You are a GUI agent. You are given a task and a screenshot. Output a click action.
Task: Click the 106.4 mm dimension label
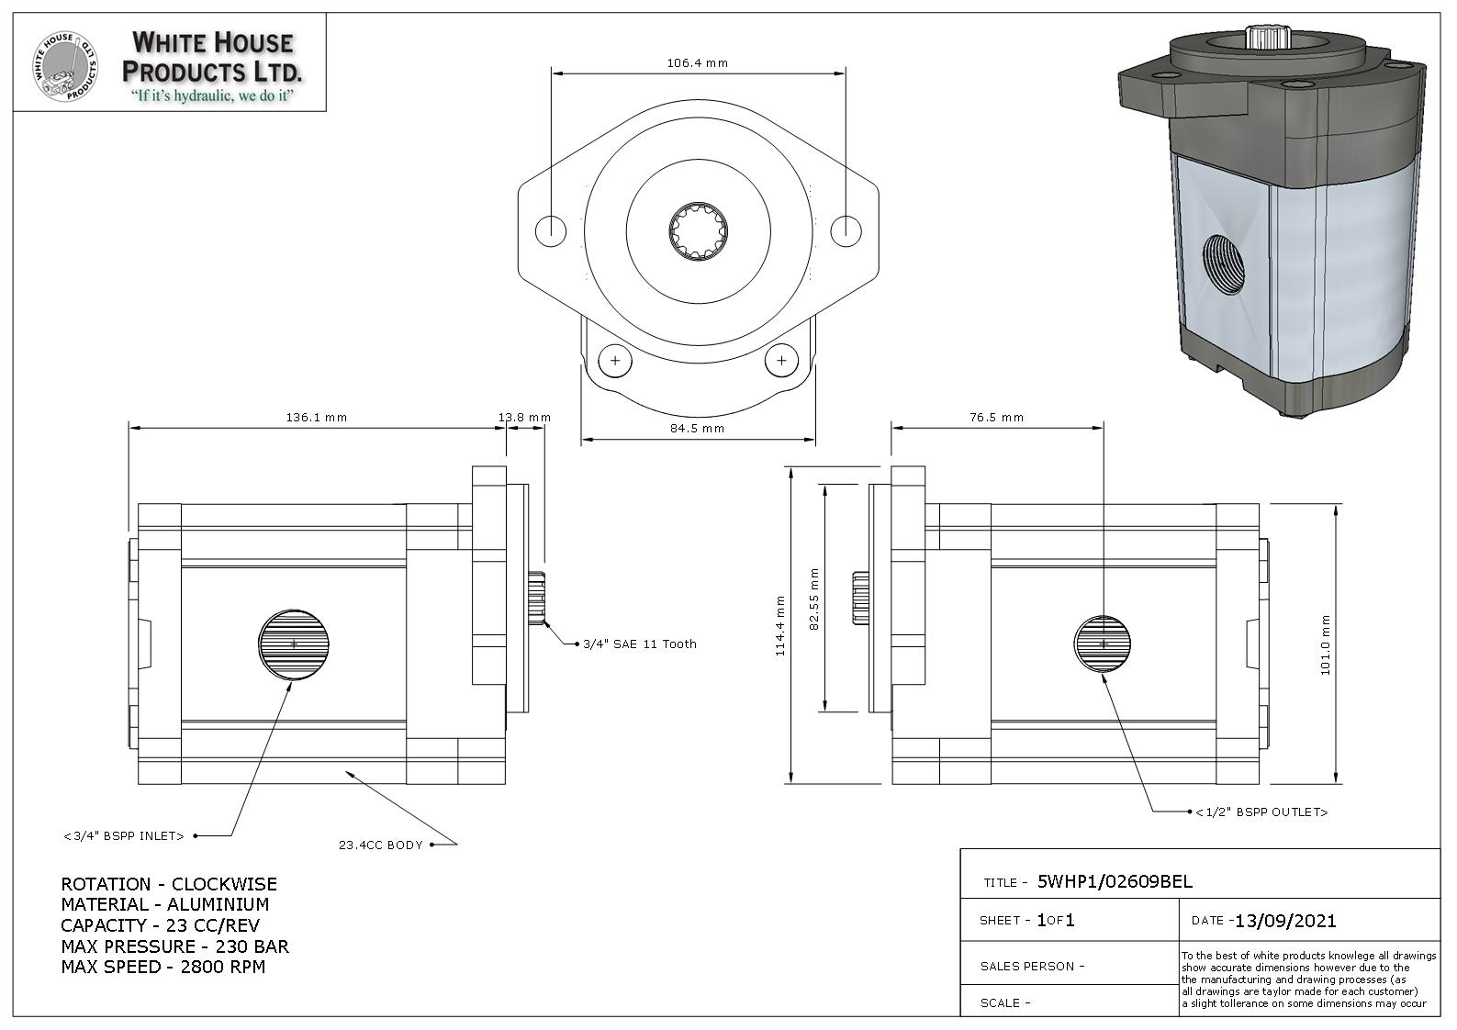pos(697,63)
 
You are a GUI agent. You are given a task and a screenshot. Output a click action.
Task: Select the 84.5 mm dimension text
pos(697,429)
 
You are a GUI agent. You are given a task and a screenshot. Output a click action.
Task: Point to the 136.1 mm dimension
pos(317,418)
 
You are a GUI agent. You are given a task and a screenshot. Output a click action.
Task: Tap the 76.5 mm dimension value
pos(996,418)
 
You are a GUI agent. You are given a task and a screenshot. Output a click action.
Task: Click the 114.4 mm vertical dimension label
pos(780,625)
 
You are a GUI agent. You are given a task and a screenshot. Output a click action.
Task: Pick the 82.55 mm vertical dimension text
pos(813,599)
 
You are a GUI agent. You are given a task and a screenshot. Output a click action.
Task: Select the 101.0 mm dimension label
pos(1326,644)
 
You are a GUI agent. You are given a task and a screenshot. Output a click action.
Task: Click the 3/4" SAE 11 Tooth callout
pos(639,644)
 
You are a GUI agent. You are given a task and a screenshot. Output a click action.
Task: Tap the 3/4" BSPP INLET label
pos(124,836)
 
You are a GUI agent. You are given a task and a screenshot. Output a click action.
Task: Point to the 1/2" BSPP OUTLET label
pos(1261,812)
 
